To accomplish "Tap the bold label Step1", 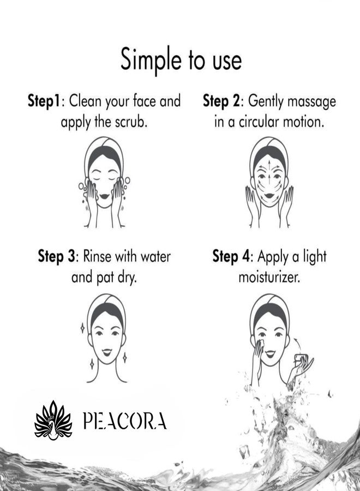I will point(45,101).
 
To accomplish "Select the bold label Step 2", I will point(225,101).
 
